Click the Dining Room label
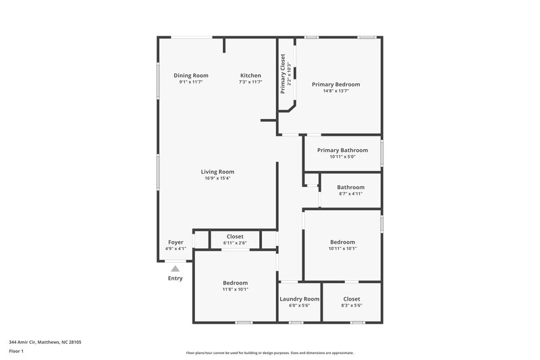pyautogui.click(x=191, y=75)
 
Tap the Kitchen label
pyautogui.click(x=250, y=75)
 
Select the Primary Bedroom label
pyautogui.click(x=335, y=84)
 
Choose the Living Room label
pyautogui.click(x=217, y=172)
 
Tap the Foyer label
pyautogui.click(x=175, y=242)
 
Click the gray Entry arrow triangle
pyautogui.click(x=175, y=269)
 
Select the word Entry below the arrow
pyautogui.click(x=175, y=278)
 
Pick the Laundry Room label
pyautogui.click(x=299, y=299)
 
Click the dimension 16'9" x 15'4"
pyautogui.click(x=217, y=178)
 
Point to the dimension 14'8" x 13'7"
pyautogui.click(x=335, y=91)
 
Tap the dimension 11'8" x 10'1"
pyautogui.click(x=236, y=289)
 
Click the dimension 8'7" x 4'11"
pyautogui.click(x=351, y=194)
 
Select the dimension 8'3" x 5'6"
pyautogui.click(x=352, y=305)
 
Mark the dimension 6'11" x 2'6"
pyautogui.click(x=235, y=243)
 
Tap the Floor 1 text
pyautogui.click(x=16, y=352)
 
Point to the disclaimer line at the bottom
pyautogui.click(x=270, y=353)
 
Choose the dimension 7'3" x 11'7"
pyautogui.click(x=250, y=82)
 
